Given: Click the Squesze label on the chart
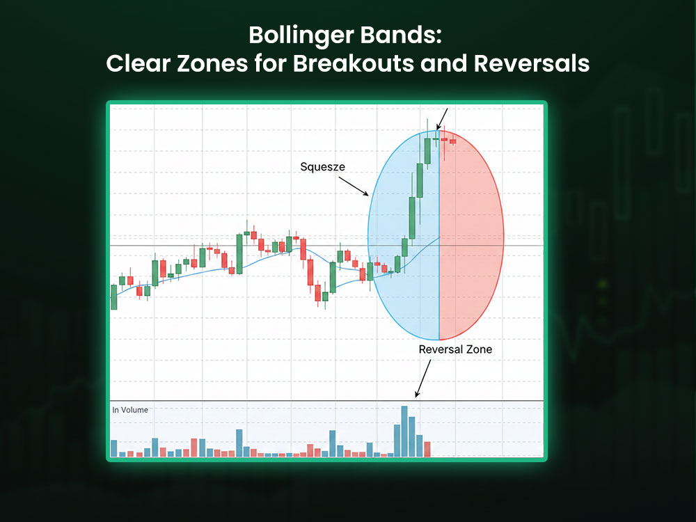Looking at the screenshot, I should (322, 167).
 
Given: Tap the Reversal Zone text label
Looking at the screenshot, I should (455, 349).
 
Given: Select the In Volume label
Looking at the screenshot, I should (130, 410).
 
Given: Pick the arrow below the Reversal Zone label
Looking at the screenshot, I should (422, 381).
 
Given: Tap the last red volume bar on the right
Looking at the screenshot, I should (428, 449).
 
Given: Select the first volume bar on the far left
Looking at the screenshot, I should (114, 448).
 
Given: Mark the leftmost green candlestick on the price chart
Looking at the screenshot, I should (114, 297).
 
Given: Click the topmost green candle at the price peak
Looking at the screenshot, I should (427, 150).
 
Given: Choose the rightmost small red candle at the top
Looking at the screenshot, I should (453, 141).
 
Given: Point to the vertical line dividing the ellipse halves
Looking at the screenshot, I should (440, 278).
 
